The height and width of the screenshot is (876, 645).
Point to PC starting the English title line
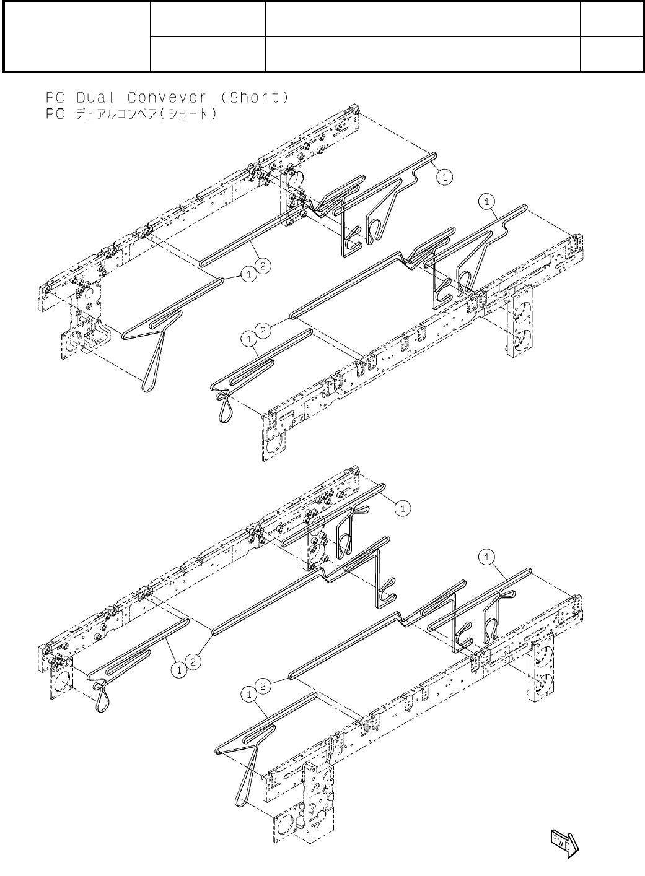(x=55, y=98)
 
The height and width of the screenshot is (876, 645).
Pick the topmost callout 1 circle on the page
(x=444, y=177)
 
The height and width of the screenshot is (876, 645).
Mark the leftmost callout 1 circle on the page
(x=179, y=669)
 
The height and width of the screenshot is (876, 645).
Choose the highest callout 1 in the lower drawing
(x=402, y=508)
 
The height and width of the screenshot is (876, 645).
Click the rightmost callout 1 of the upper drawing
(x=488, y=201)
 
